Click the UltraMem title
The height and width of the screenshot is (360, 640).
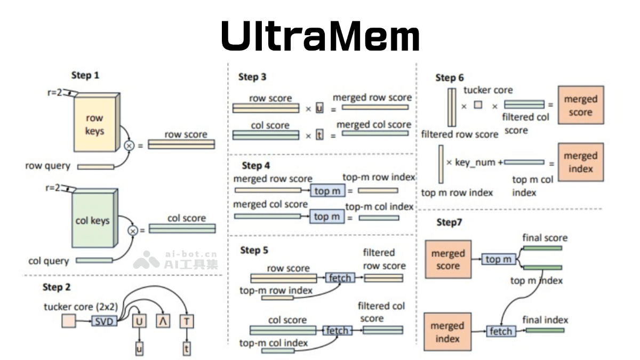tap(320, 36)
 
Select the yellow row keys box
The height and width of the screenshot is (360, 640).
tap(94, 124)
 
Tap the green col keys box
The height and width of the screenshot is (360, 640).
tap(94, 220)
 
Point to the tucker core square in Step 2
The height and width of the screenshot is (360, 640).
tap(69, 321)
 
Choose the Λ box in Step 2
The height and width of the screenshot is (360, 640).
tap(163, 321)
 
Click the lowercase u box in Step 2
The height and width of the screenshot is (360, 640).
tap(139, 349)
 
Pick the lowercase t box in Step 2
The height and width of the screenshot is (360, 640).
tap(186, 349)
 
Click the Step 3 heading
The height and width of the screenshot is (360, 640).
tap(252, 77)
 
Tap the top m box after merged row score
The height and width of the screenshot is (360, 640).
tap(327, 190)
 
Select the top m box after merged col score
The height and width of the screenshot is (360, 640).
tap(327, 217)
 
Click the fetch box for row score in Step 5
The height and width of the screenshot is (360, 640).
tap(340, 278)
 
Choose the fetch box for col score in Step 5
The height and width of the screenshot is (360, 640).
tap(337, 330)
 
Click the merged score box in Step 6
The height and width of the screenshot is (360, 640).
tap(580, 105)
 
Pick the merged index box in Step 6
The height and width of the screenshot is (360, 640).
tap(580, 162)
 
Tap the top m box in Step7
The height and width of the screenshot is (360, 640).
tap(499, 259)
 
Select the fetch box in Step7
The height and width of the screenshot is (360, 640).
tap(501, 331)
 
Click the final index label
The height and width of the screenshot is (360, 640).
tap(545, 320)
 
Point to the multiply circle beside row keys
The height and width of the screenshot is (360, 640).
tap(129, 145)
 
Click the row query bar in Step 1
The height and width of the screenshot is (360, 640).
tap(95, 167)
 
